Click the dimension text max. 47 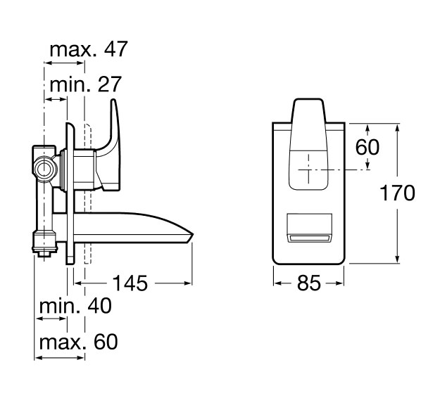click(89, 49)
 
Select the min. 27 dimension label click(85, 84)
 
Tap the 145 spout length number click(130, 283)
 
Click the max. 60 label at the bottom click(78, 342)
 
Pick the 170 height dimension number click(397, 193)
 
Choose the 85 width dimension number click(308, 283)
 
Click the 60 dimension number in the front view click(367, 146)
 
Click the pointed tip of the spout click(194, 233)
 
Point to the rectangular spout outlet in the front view click(309, 228)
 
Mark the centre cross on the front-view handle click(308, 169)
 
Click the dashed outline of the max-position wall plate click(88, 193)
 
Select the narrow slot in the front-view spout click(309, 238)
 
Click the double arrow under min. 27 click(56, 99)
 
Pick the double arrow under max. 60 click(60, 358)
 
